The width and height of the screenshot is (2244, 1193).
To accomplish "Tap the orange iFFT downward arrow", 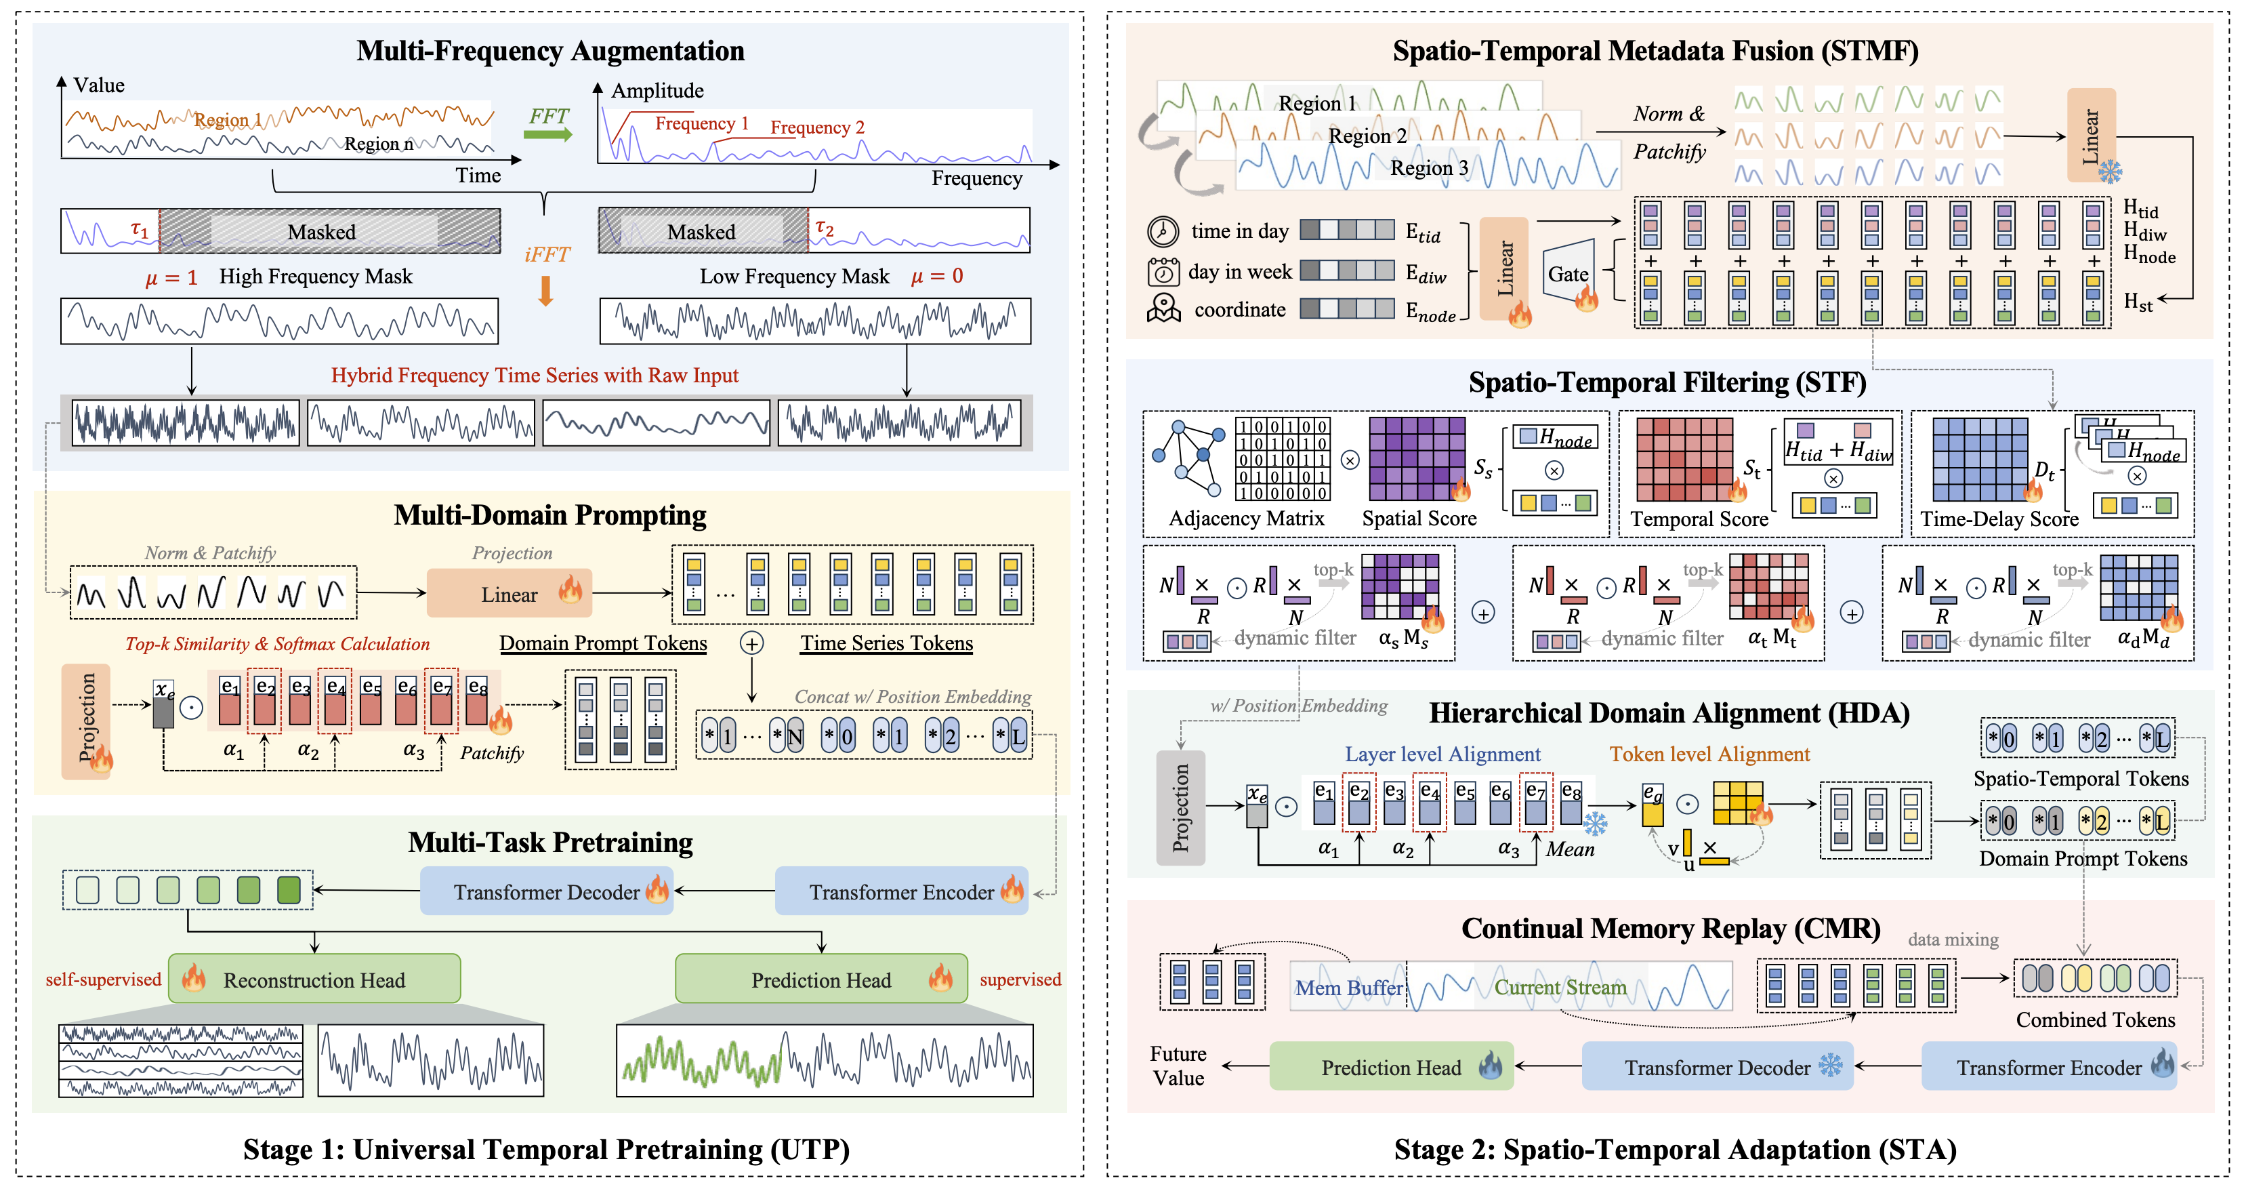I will tap(545, 291).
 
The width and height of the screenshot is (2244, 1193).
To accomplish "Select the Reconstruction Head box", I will tap(314, 979).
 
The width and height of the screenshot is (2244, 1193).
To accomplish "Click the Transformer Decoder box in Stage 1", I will tap(546, 891).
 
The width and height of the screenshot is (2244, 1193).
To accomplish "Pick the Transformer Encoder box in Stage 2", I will tap(2047, 1067).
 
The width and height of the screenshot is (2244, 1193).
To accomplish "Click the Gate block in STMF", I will tap(1568, 274).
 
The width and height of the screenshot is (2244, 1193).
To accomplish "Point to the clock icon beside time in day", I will tap(1163, 231).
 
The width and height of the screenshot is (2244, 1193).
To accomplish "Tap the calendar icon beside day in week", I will tap(1163, 272).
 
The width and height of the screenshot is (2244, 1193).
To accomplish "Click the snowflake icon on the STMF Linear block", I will tap(2109, 171).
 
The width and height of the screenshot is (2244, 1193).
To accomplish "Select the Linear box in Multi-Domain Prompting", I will tap(510, 594).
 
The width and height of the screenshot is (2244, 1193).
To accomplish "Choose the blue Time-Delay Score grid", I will tap(1979, 458).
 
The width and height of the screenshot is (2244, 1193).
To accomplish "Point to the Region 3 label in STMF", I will tap(1429, 167).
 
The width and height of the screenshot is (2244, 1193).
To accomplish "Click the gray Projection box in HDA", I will tap(1180, 807).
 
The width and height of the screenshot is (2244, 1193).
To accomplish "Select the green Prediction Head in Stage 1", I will tap(820, 979).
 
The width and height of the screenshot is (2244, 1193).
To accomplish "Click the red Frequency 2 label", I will tap(817, 127).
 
